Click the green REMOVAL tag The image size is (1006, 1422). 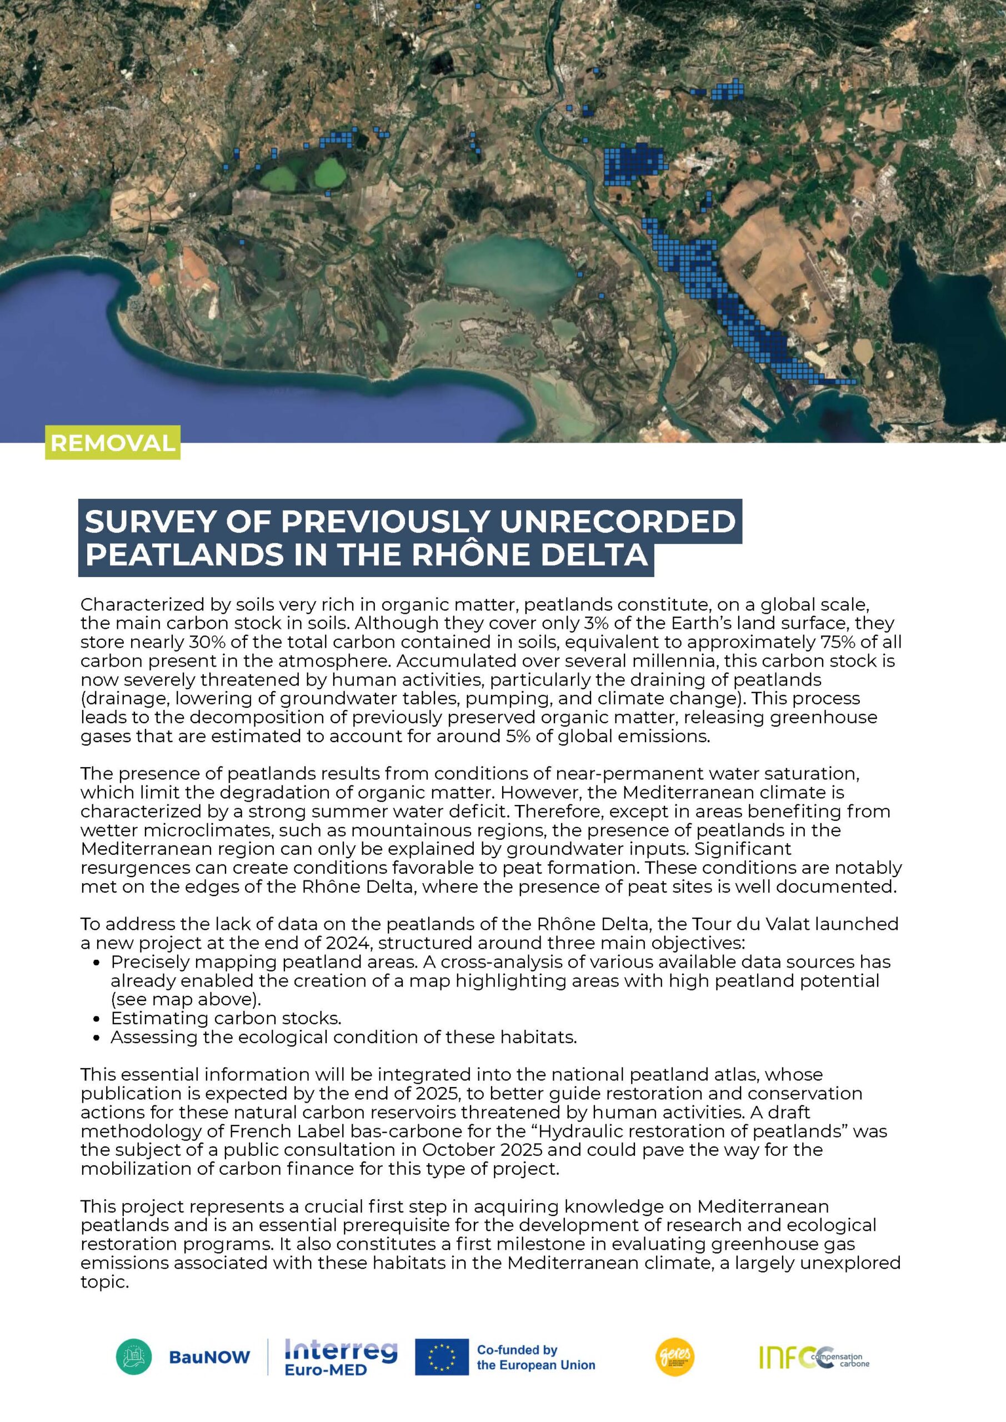(112, 443)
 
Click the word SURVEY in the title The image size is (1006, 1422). (149, 522)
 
